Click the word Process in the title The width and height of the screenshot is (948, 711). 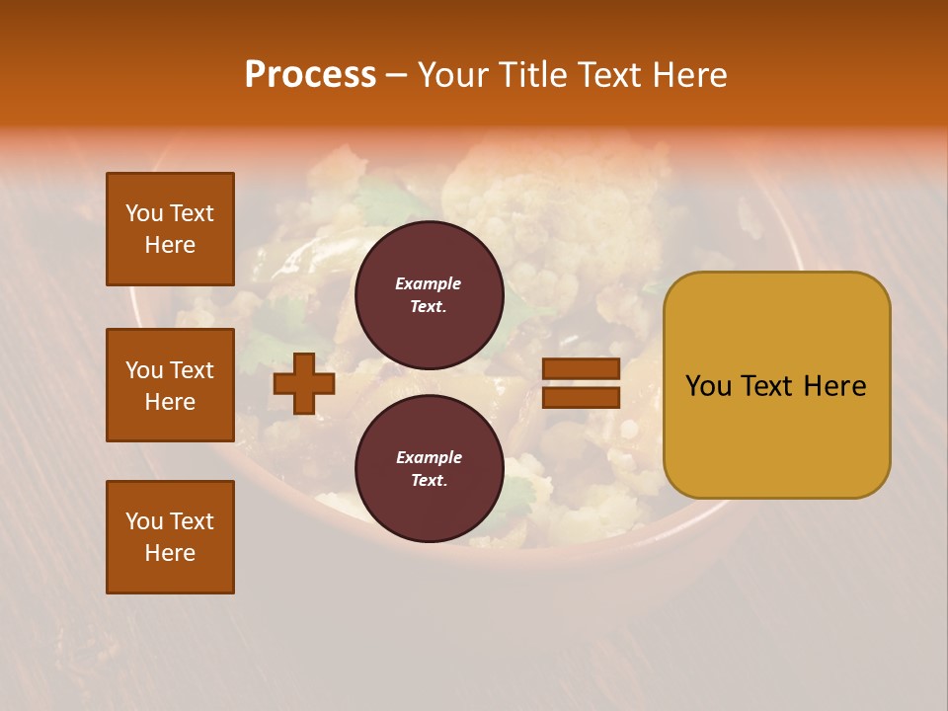(x=310, y=75)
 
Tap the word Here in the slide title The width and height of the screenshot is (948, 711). (x=687, y=75)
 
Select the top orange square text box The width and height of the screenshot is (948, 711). (x=170, y=229)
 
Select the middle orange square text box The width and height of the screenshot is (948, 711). (x=170, y=385)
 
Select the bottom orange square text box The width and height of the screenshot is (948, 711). (x=170, y=537)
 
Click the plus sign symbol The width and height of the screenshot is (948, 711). (x=304, y=383)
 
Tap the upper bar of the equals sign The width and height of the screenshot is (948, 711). (x=581, y=368)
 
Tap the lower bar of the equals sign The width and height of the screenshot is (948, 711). (x=581, y=397)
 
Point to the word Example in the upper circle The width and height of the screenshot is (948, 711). (x=429, y=283)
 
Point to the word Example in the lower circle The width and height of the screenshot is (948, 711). (x=429, y=457)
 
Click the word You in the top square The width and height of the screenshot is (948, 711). (x=144, y=213)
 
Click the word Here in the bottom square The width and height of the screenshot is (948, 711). (x=170, y=553)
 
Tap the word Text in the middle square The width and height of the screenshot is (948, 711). (x=192, y=370)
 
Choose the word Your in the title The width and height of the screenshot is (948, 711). (x=454, y=75)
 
